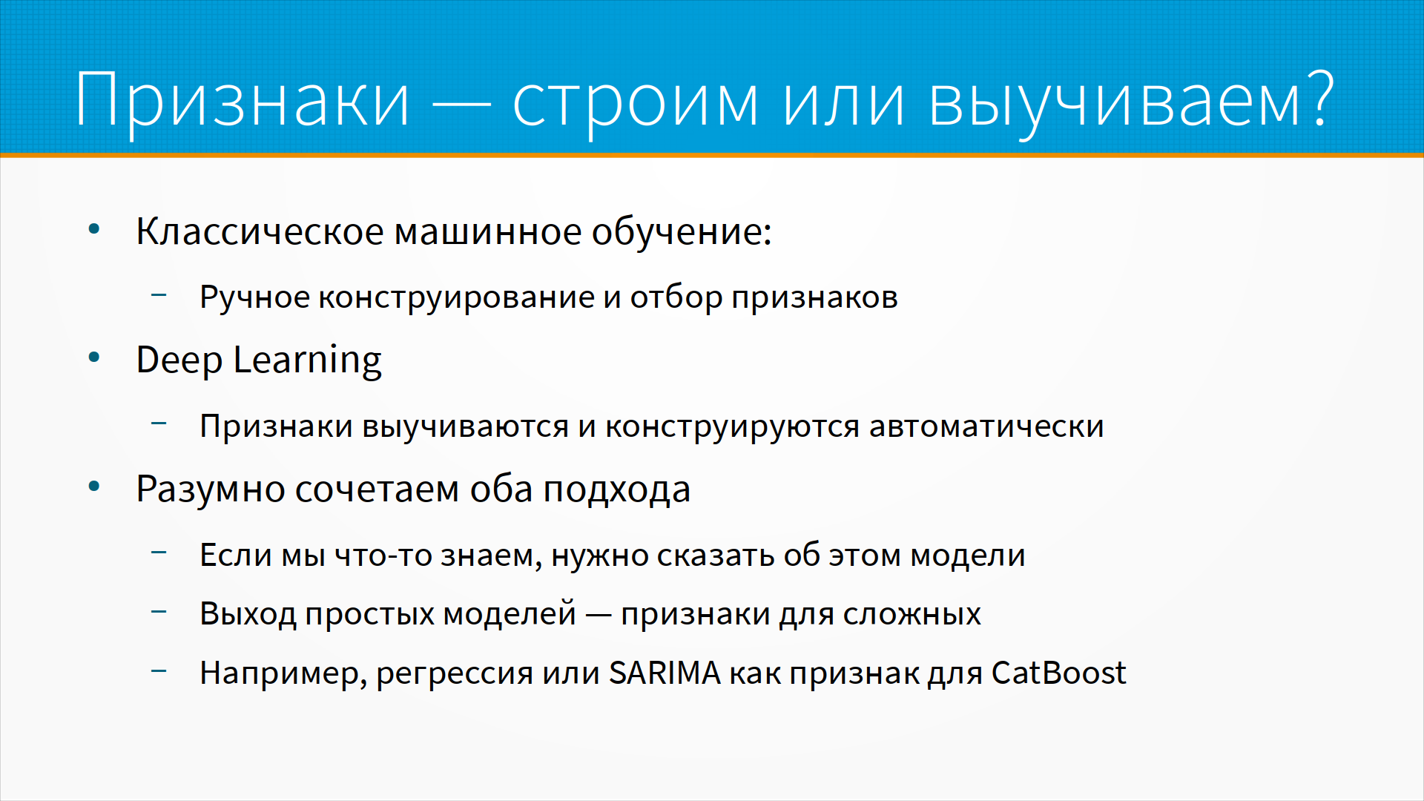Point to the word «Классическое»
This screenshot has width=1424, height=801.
click(260, 231)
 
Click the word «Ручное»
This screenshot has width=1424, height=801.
click(254, 297)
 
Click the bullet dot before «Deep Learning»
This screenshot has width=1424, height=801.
click(94, 358)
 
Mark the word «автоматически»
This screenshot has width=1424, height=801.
click(986, 426)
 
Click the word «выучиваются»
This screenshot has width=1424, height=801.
click(466, 426)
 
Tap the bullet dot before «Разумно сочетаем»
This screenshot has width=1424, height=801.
click(94, 487)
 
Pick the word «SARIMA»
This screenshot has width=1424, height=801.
click(665, 673)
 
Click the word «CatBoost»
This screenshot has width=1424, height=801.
click(1058, 673)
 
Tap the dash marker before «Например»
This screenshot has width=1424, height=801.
click(159, 671)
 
